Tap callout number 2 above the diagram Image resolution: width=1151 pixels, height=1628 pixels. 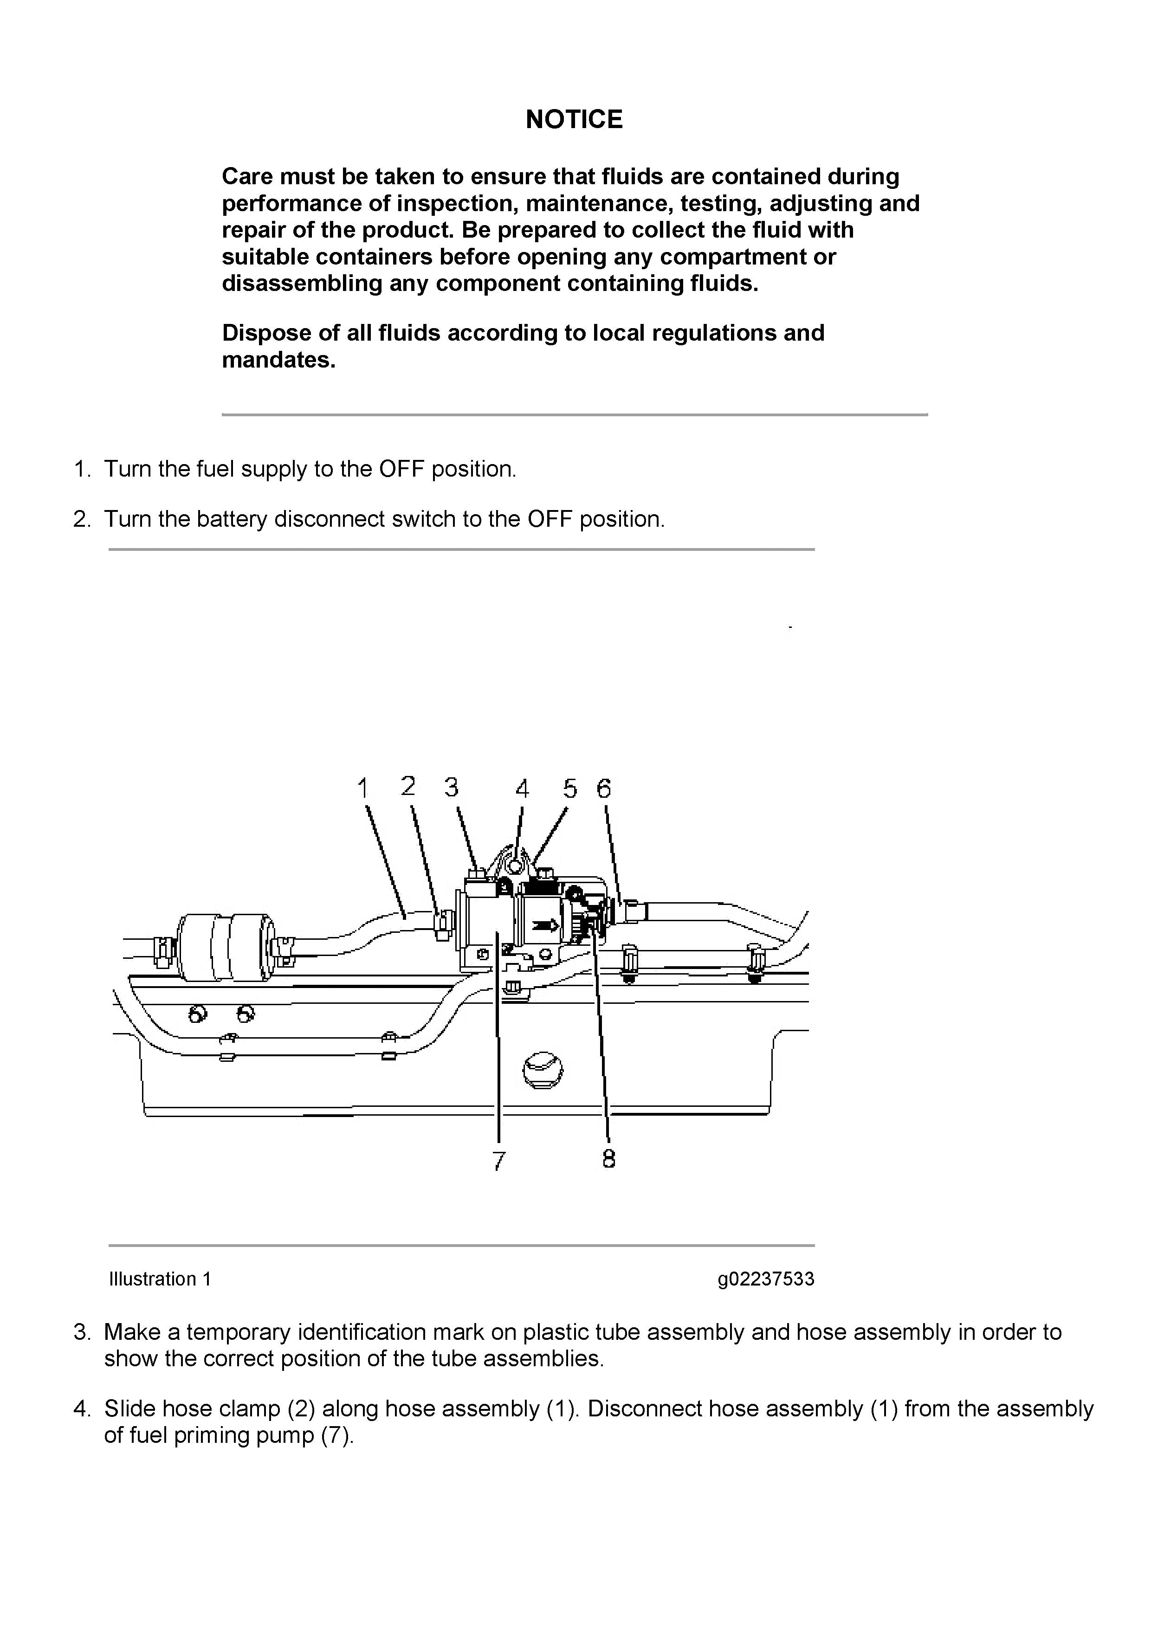(x=408, y=786)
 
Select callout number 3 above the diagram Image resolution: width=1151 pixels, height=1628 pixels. (x=452, y=787)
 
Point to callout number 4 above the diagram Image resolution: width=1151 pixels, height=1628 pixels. (x=522, y=788)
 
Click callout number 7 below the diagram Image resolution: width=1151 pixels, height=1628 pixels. (x=498, y=1161)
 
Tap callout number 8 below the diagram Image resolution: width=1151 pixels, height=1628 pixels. (x=608, y=1159)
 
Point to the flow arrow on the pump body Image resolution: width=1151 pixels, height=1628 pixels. (x=545, y=924)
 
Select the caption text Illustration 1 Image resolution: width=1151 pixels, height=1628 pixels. (x=160, y=1279)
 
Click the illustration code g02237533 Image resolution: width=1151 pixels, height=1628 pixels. (x=765, y=1279)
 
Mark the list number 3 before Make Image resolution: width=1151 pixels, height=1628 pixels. (x=82, y=1332)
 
